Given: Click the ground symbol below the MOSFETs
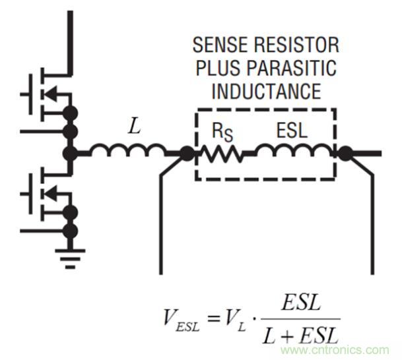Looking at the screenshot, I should coord(69,253).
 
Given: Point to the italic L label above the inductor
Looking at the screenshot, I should coord(135,127).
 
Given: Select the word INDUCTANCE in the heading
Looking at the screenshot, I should coord(265,90).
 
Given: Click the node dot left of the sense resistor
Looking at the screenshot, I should coord(187,154).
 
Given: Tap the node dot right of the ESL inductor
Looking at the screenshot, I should coord(345,154).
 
